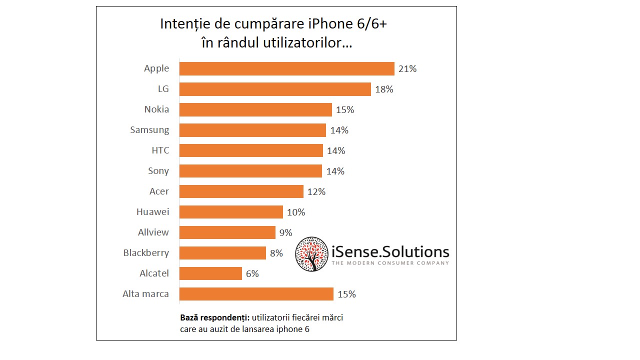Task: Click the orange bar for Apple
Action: [286, 68]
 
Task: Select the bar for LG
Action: [275, 89]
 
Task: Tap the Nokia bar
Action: [255, 109]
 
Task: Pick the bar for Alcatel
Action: [210, 273]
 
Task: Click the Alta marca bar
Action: [256, 294]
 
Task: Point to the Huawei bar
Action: [231, 212]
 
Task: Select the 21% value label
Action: [407, 69]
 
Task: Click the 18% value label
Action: [384, 89]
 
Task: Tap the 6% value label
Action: [252, 274]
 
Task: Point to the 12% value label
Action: [316, 192]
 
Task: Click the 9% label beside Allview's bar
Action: [285, 232]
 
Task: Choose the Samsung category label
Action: [149, 130]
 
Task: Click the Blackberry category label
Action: [146, 253]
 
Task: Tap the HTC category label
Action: [160, 150]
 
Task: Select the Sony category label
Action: [158, 171]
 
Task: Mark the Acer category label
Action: [159, 191]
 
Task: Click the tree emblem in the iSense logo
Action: [311, 254]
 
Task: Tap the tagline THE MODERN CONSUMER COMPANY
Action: [390, 263]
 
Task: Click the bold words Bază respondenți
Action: [214, 317]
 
